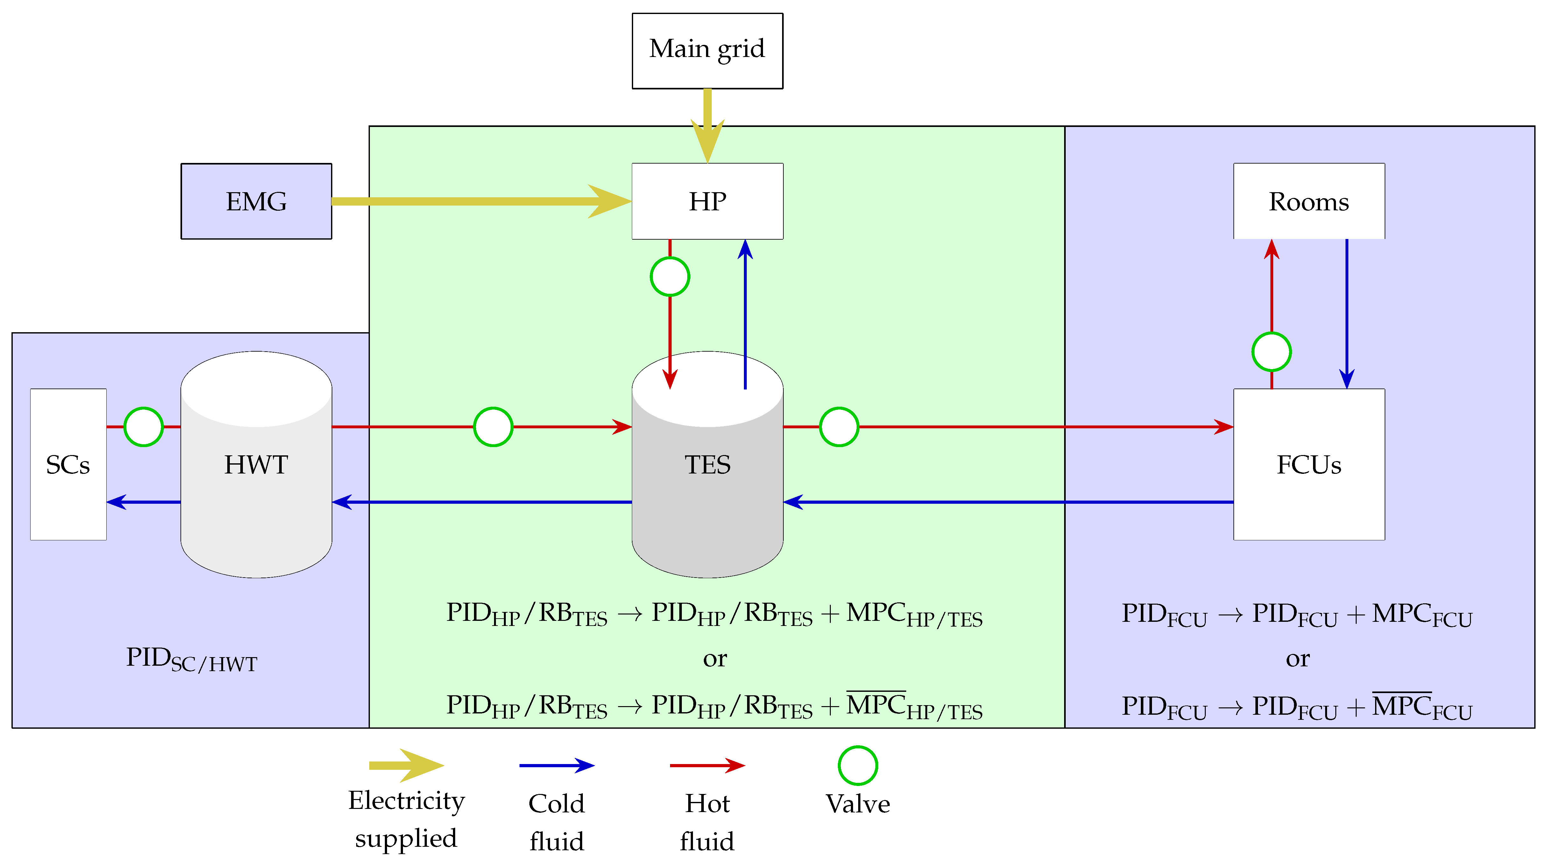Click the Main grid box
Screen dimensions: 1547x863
[x=707, y=51]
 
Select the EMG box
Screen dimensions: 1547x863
[x=257, y=201]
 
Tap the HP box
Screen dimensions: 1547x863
[x=707, y=201]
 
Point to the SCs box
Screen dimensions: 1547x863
[x=68, y=464]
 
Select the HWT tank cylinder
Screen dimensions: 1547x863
[x=257, y=464]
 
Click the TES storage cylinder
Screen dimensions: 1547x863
[x=707, y=464]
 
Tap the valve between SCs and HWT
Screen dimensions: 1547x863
[x=144, y=427]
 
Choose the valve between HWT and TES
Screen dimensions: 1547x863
[x=493, y=427]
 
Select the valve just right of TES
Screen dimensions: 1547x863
[x=839, y=427]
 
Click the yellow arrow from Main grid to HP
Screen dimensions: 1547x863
[x=707, y=126]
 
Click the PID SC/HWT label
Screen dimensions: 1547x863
[x=192, y=659]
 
